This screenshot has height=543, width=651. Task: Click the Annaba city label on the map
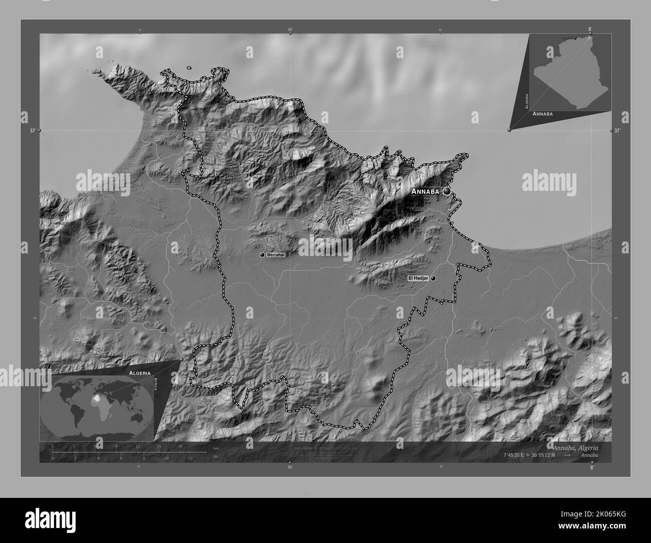(x=425, y=191)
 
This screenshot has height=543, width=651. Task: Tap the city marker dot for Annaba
(x=446, y=191)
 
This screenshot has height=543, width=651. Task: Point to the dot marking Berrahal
(x=262, y=255)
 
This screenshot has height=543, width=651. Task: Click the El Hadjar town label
(x=418, y=278)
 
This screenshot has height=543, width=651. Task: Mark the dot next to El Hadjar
(x=433, y=278)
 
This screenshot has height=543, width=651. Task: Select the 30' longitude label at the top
(x=290, y=30)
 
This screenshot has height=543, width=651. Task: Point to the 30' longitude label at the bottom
(x=290, y=467)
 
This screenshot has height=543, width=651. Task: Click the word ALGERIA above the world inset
(x=139, y=373)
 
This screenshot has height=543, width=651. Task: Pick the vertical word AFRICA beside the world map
(x=156, y=386)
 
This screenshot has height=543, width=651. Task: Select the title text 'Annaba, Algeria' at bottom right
(x=575, y=447)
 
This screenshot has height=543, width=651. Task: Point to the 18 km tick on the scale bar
(x=180, y=446)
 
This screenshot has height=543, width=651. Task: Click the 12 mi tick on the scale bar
(x=189, y=458)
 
